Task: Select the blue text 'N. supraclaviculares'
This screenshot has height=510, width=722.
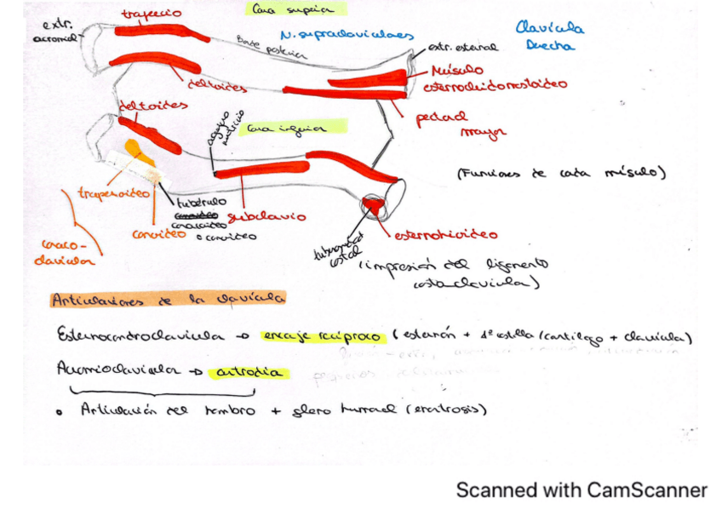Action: point(346,36)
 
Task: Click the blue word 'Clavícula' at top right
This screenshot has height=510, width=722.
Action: point(549,27)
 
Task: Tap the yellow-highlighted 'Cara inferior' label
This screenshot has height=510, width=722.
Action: point(284,129)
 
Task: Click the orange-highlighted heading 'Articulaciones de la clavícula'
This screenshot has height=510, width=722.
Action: point(167,300)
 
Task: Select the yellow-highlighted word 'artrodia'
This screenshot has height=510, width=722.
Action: point(252,372)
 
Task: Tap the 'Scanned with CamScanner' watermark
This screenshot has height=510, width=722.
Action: point(581,490)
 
